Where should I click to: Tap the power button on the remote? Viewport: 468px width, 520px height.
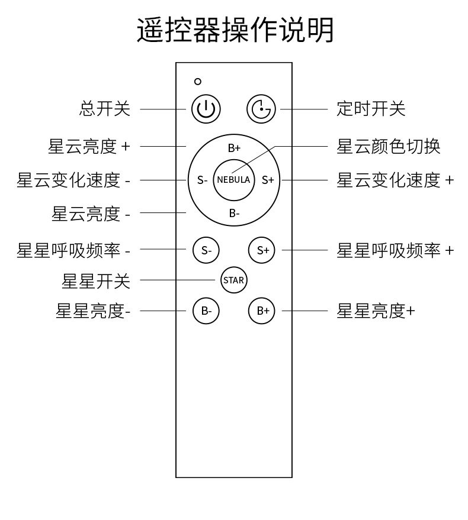point(206,109)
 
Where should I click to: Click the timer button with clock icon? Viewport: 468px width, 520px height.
point(261,109)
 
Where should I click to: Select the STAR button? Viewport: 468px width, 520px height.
point(233,280)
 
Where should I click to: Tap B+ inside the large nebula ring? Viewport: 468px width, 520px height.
point(234,148)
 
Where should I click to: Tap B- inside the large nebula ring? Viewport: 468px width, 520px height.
point(234,213)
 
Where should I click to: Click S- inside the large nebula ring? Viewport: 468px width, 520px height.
point(202,180)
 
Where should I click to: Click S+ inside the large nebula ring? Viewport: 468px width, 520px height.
point(268,180)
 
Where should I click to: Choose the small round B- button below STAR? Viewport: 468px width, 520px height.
point(206,311)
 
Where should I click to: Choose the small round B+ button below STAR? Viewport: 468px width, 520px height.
point(262,311)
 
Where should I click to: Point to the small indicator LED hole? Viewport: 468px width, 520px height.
point(198,82)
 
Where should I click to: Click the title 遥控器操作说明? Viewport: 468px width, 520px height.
point(235,30)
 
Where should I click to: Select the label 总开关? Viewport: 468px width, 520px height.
point(105,109)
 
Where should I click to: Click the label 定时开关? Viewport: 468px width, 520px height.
point(371,109)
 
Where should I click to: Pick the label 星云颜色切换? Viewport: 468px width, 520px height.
point(388,146)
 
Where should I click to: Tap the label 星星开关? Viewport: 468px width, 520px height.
point(96,281)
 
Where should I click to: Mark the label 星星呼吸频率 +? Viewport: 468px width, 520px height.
point(395,250)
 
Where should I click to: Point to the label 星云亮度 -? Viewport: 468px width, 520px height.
point(91,214)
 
